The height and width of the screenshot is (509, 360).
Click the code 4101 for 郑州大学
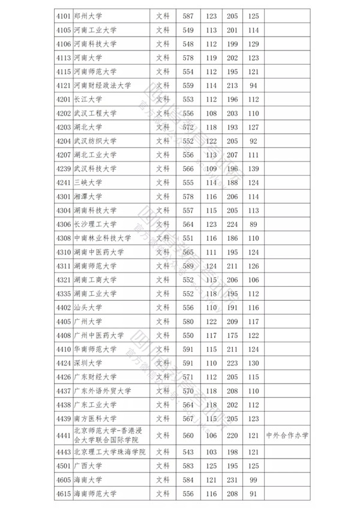(62, 16)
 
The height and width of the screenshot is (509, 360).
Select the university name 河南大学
(88, 58)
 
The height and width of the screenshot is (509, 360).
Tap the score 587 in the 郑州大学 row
(188, 16)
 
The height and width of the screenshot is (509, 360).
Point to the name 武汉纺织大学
(95, 141)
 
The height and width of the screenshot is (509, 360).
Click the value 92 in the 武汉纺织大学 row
(253, 141)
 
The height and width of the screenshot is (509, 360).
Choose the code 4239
(62, 169)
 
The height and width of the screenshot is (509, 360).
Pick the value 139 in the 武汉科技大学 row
(253, 169)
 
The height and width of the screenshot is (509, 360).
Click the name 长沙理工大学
(95, 224)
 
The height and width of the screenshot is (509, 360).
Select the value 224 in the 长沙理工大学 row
(232, 224)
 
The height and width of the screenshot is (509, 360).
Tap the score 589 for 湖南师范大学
(188, 266)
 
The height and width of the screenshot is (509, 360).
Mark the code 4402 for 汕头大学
(62, 307)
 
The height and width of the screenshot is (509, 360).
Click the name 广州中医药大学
(98, 336)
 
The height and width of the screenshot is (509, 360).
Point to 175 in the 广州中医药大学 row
(232, 336)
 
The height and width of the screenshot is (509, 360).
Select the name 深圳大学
(88, 363)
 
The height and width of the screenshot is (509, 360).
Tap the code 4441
(62, 436)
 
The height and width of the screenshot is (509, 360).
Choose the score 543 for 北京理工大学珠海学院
(188, 452)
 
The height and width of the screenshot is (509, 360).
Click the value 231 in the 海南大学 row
(232, 480)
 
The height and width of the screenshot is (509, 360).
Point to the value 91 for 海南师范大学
(253, 493)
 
